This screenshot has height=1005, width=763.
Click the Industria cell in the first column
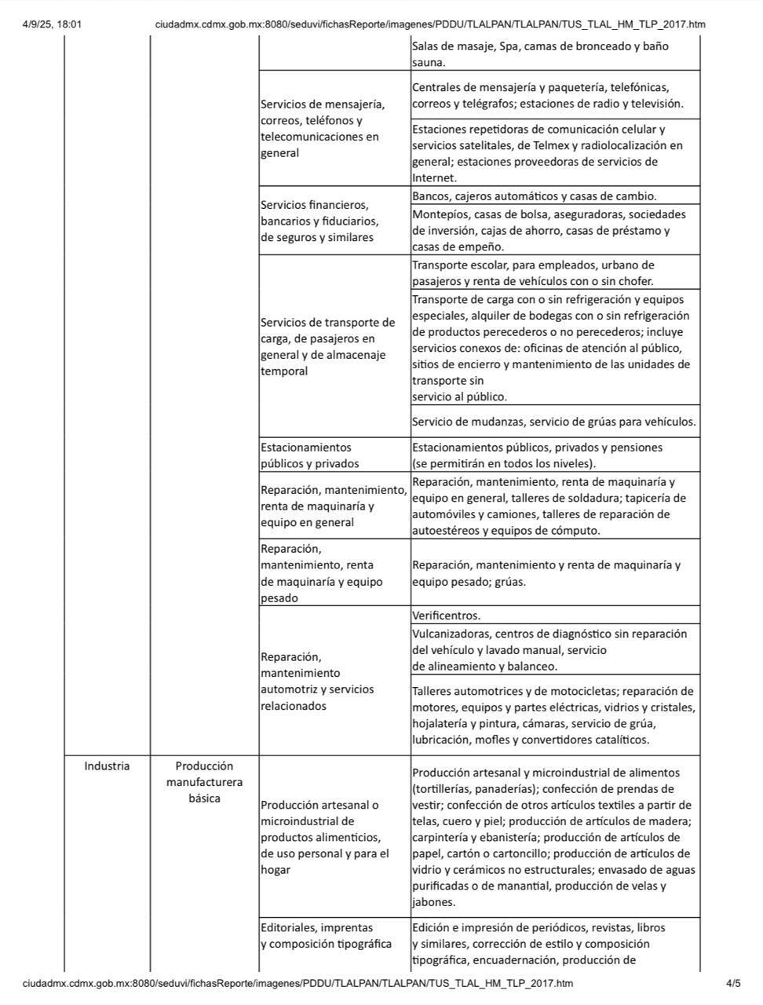click(107, 766)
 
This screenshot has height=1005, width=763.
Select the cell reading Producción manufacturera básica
click(204, 782)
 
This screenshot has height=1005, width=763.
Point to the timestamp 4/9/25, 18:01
click(52, 24)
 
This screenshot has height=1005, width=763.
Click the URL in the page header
click(429, 24)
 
